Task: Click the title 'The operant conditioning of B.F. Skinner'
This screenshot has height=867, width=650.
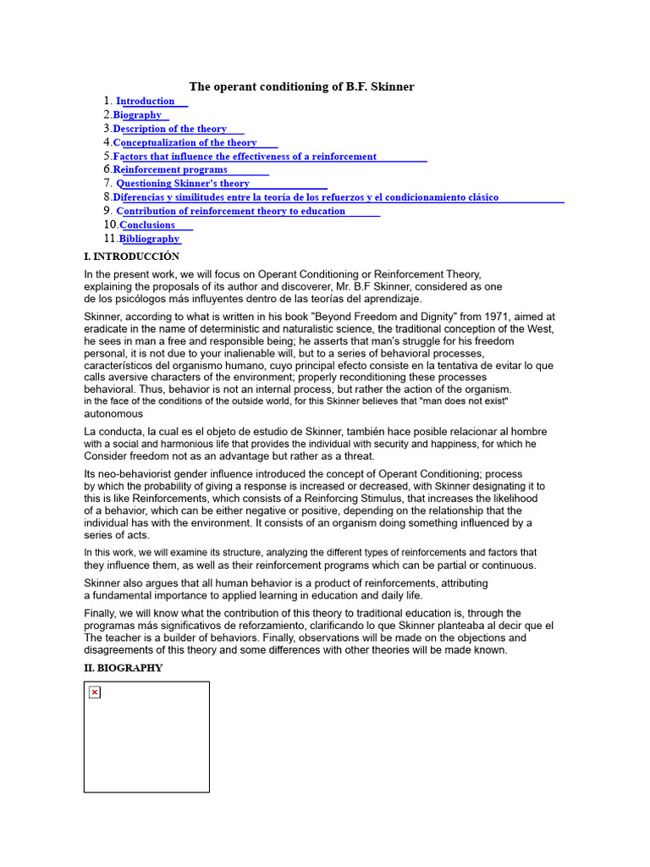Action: tap(301, 86)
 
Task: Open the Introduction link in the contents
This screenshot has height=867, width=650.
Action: tap(146, 102)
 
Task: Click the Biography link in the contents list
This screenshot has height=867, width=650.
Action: tap(138, 115)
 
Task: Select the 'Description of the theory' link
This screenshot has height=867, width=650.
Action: tap(170, 129)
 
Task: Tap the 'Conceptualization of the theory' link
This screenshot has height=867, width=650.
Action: tap(185, 143)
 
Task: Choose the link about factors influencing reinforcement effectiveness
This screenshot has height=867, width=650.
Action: tap(245, 157)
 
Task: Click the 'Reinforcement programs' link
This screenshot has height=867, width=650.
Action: tap(171, 170)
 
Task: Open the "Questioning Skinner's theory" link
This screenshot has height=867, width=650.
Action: tap(183, 184)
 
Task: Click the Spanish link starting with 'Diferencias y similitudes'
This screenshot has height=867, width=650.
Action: tap(306, 197)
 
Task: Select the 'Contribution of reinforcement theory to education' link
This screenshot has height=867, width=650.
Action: tap(231, 211)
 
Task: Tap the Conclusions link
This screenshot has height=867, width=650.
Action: tap(148, 225)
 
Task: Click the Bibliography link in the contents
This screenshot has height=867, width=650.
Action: tap(150, 239)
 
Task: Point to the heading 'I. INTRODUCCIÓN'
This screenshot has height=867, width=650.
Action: tap(131, 257)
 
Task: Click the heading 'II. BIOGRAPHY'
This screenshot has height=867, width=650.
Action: tap(124, 668)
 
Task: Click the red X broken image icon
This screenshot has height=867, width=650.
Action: tap(95, 693)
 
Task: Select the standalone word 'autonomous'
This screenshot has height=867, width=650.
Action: tap(113, 414)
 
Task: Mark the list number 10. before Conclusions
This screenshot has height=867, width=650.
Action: tap(111, 225)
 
